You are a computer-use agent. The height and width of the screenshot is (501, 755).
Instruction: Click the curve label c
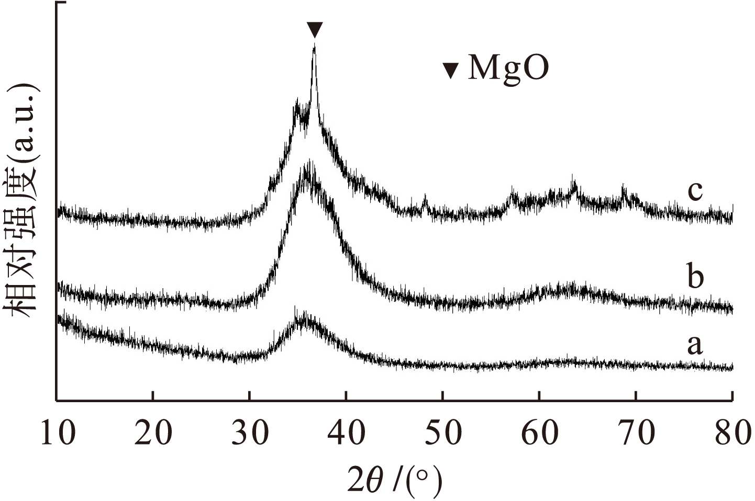[695, 191]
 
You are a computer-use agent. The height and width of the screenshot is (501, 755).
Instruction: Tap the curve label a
[694, 345]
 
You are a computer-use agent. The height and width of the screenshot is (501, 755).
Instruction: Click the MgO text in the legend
[508, 69]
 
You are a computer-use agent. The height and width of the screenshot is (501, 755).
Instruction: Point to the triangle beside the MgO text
[451, 71]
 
